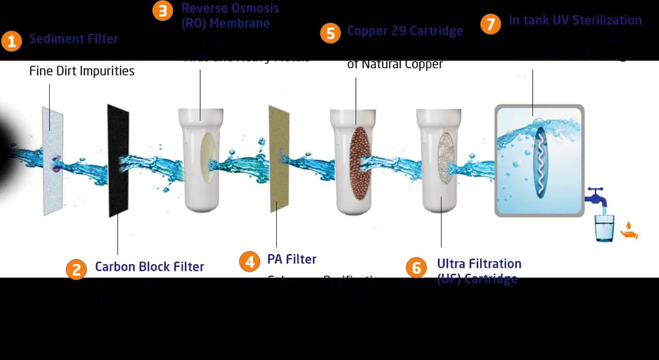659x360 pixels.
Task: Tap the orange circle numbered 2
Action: click(x=77, y=269)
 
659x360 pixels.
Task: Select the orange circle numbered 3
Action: click(x=163, y=11)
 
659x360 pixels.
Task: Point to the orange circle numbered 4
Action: click(x=249, y=262)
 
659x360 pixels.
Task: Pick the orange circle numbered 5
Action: click(x=330, y=32)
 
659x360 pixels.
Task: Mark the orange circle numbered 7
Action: click(x=491, y=24)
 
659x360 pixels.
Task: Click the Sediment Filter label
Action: click(x=74, y=39)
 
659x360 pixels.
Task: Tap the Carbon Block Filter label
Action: click(x=149, y=267)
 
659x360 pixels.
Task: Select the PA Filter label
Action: click(x=292, y=259)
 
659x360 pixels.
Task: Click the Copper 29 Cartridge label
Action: click(x=405, y=31)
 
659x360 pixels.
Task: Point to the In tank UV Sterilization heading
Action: click(x=575, y=20)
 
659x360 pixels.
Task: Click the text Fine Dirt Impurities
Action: click(x=82, y=71)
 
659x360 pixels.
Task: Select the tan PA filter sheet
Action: click(x=279, y=158)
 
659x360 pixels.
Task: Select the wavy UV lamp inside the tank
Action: click(x=540, y=161)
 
